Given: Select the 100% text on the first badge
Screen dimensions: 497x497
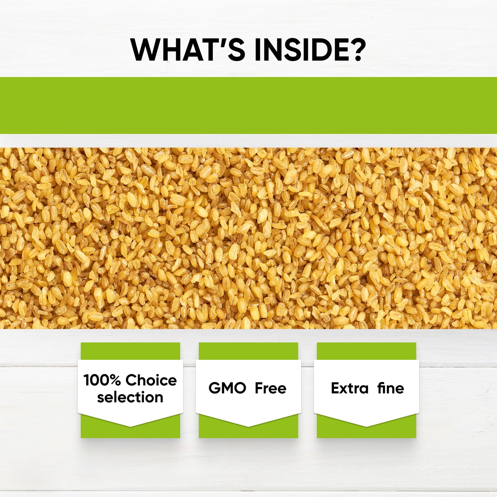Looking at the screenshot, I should pyautogui.click(x=102, y=380).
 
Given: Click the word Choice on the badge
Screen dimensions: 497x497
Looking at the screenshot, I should pyautogui.click(x=151, y=380).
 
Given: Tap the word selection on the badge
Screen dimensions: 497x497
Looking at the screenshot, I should pyautogui.click(x=130, y=397).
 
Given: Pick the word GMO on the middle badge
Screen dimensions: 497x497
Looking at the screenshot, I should pyautogui.click(x=227, y=388).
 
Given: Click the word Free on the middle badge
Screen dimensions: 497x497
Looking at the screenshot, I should pyautogui.click(x=270, y=388).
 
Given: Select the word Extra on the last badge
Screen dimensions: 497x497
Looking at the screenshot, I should pyautogui.click(x=349, y=388).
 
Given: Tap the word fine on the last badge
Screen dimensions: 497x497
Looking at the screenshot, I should pyautogui.click(x=390, y=388).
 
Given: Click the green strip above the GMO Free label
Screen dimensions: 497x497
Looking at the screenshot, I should pyautogui.click(x=248, y=351).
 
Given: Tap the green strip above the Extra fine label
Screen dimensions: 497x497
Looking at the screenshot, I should pyautogui.click(x=366, y=351).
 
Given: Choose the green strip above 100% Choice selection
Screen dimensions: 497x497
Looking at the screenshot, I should pyautogui.click(x=130, y=351).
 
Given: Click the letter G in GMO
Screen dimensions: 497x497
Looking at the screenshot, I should pyautogui.click(x=215, y=388).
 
